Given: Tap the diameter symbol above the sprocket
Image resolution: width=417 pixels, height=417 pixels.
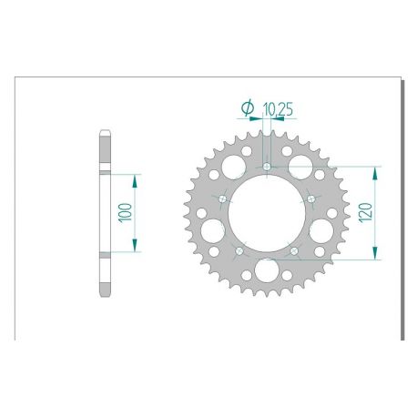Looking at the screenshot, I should coord(248,108).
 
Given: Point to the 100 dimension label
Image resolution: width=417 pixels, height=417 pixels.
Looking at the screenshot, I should coord(127,213).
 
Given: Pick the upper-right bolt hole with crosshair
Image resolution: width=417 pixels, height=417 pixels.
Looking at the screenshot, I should coord(310,198).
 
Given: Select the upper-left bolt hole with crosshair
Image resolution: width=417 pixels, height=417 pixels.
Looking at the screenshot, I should coord(221,198).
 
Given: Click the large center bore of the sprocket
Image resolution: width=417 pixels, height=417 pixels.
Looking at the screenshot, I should coord(266,213).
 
